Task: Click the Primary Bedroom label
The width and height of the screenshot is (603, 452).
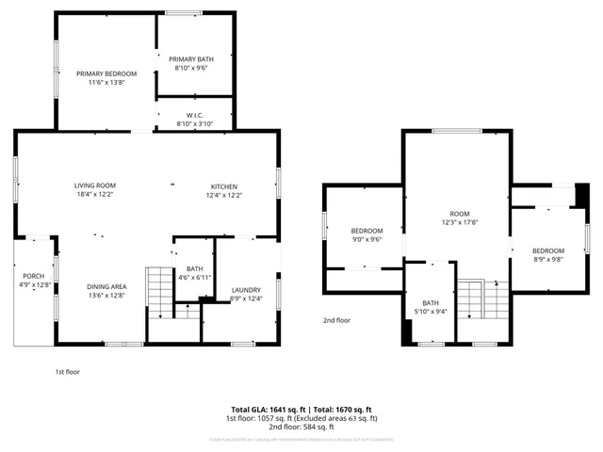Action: click(106, 73)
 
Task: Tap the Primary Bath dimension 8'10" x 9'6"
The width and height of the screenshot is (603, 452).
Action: click(191, 68)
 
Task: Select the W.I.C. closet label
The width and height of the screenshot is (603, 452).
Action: click(195, 116)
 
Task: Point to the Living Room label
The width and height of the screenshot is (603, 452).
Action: click(95, 186)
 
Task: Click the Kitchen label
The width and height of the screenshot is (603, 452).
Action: click(223, 186)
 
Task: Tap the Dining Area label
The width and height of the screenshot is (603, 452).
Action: click(106, 286)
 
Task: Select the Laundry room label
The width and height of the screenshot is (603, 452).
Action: click(245, 290)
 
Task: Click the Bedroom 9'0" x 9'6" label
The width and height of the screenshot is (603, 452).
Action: click(367, 232)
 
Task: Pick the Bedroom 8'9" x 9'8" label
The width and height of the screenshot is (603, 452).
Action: click(547, 250)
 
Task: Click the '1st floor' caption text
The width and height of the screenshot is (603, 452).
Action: click(67, 372)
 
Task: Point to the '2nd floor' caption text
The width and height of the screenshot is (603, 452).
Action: click(336, 320)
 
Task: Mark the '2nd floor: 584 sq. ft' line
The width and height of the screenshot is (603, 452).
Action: click(301, 427)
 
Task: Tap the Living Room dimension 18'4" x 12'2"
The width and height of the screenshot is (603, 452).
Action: click(95, 195)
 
